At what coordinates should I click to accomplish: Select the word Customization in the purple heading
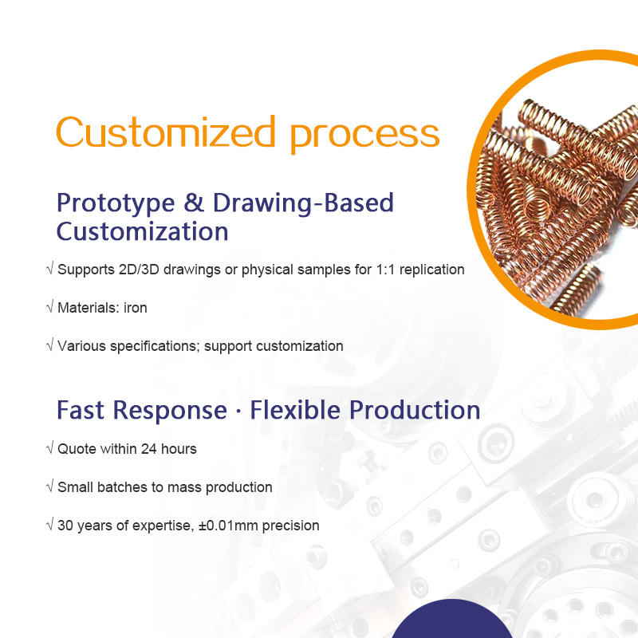coord(142,232)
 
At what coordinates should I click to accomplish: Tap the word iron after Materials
coord(135,308)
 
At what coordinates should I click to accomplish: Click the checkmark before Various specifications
coord(50,346)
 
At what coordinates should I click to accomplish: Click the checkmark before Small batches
coord(50,487)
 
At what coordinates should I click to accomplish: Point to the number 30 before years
coord(65,526)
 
